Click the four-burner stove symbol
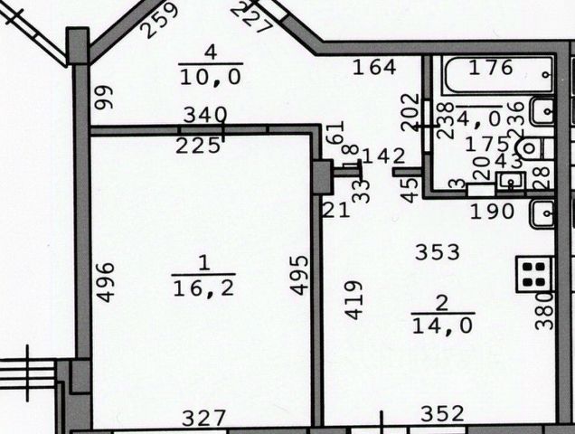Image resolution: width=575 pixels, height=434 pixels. click(534, 274)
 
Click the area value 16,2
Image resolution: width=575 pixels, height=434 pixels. click(203, 288)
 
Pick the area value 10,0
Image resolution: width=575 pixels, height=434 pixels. click(210, 78)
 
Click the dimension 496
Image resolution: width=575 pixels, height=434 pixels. click(105, 281)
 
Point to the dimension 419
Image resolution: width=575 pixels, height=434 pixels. click(354, 299)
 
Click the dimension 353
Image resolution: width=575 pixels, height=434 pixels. click(438, 252)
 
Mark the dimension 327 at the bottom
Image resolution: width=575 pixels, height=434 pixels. click(203, 418)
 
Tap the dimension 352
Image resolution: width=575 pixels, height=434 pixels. click(442, 414)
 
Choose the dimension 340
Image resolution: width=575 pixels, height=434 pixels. click(205, 115)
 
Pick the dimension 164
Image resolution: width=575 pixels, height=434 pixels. click(374, 67)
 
